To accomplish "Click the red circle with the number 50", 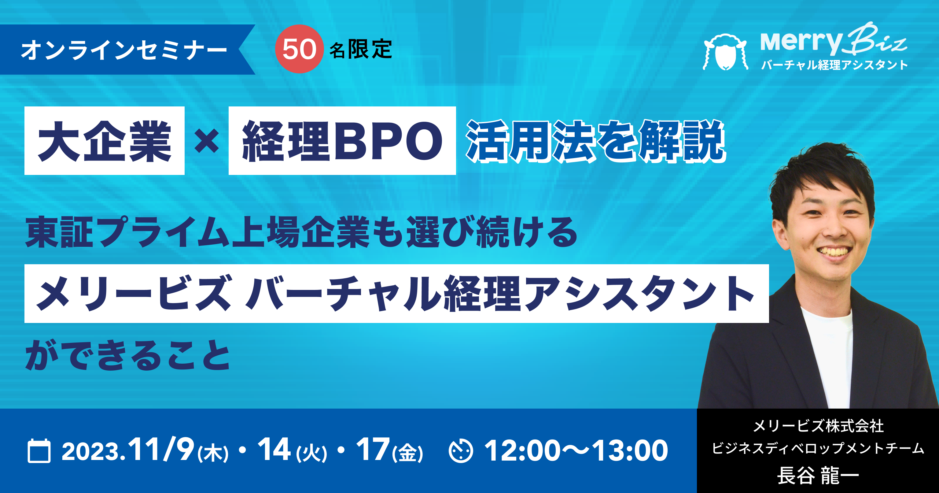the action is point(299,49).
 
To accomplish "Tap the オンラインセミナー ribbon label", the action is point(124,50).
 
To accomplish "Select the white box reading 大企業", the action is point(104,141).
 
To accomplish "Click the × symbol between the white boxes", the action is point(207,141).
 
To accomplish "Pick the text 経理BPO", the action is point(342,141).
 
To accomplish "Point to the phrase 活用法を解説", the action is point(596,141).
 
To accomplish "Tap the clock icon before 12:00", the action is point(461,451).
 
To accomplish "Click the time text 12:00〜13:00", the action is point(576,451).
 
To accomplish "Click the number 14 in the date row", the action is point(274,449).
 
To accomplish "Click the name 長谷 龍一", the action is point(818,476).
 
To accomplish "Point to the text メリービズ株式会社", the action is point(818,426).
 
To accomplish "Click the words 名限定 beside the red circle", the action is point(361,49).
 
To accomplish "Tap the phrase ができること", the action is point(127,355).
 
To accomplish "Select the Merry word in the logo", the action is point(801,43).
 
